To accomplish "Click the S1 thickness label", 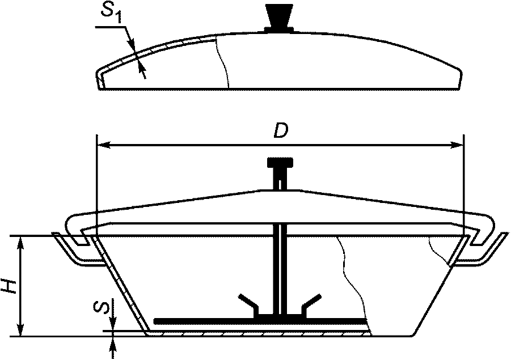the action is [x=111, y=14].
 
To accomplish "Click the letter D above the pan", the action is [x=281, y=132].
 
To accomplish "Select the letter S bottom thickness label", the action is [x=100, y=307].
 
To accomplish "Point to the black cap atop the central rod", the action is [x=280, y=162].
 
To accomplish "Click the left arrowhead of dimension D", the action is [x=104, y=145].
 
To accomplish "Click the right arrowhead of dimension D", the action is [x=455, y=145].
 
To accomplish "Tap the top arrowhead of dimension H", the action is [x=21, y=243].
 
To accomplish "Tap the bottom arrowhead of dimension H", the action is [x=21, y=329].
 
